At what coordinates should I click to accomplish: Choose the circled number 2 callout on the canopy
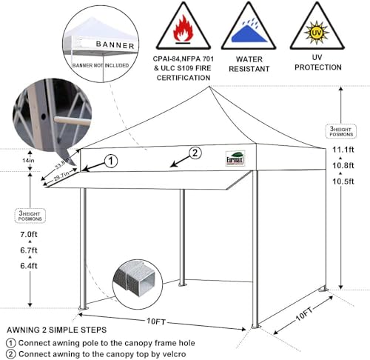[x=195, y=154]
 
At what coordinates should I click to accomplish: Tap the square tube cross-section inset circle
[x=137, y=281]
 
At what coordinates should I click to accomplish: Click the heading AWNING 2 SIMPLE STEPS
[x=56, y=329]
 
